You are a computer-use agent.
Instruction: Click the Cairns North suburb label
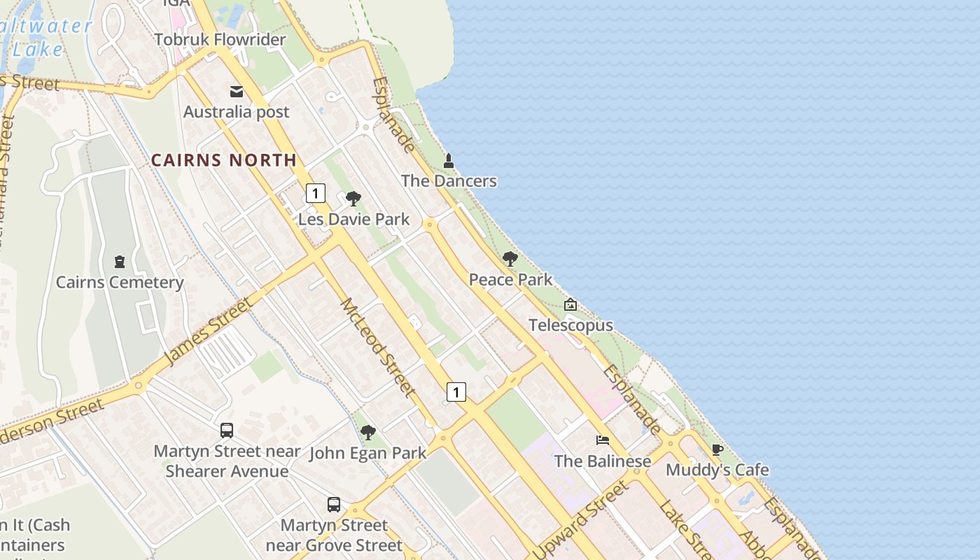tap(224, 160)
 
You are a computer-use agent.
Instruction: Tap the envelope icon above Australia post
tap(237, 92)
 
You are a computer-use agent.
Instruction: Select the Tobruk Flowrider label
tap(220, 40)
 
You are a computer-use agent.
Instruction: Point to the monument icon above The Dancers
tap(449, 161)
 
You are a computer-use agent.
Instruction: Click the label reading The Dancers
tap(449, 181)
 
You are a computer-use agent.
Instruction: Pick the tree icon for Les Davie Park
tap(353, 199)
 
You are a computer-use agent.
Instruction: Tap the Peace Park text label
tap(510, 280)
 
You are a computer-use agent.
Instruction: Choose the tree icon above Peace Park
tap(510, 259)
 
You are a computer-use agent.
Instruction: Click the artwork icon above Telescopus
tap(570, 304)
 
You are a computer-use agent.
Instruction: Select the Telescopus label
tap(570, 325)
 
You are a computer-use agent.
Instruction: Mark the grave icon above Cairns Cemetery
tap(120, 262)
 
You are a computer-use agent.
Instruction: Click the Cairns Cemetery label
tap(120, 283)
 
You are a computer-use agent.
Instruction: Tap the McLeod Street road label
tap(379, 347)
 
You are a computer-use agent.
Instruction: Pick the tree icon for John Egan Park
tap(368, 433)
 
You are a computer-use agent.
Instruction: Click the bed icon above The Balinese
tap(602, 440)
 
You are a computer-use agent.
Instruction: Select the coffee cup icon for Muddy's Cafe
tap(717, 449)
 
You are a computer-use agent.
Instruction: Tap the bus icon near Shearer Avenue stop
tap(226, 430)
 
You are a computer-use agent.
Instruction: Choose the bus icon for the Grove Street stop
tap(334, 504)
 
